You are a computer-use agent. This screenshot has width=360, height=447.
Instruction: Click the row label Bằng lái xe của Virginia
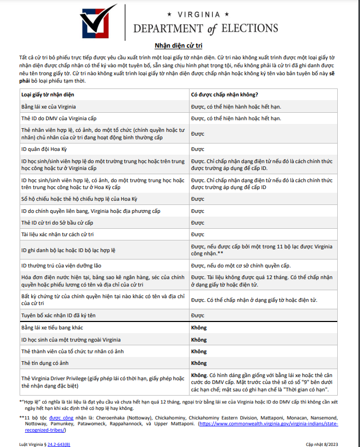tap(52, 106)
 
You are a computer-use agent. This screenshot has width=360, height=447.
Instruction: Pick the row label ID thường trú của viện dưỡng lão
tap(62, 265)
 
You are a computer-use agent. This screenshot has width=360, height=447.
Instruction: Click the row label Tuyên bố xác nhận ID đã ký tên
tap(59, 316)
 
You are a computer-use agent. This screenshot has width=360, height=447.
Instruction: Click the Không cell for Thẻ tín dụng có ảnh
tap(199, 363)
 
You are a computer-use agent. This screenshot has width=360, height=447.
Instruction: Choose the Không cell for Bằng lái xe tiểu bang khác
tap(199, 328)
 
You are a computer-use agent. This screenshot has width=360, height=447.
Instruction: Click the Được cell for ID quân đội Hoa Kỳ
tap(197, 149)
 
